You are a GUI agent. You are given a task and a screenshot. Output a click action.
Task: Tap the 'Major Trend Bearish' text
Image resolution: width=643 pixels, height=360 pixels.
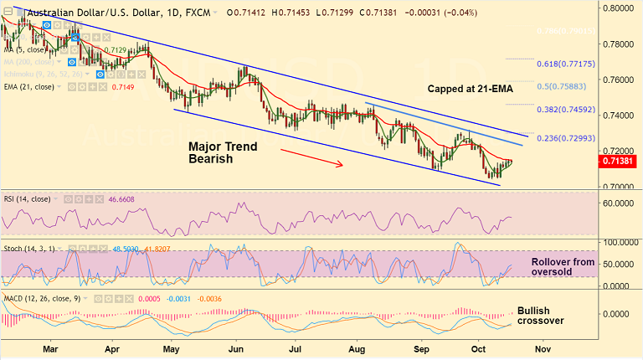222,152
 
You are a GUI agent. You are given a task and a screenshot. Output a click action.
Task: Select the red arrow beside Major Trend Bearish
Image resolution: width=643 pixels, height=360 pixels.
311,158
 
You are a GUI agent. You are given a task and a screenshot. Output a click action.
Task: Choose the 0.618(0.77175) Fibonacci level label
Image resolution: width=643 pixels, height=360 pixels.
565,64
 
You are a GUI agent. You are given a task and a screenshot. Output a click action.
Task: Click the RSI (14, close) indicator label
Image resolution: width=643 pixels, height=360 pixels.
26,200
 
